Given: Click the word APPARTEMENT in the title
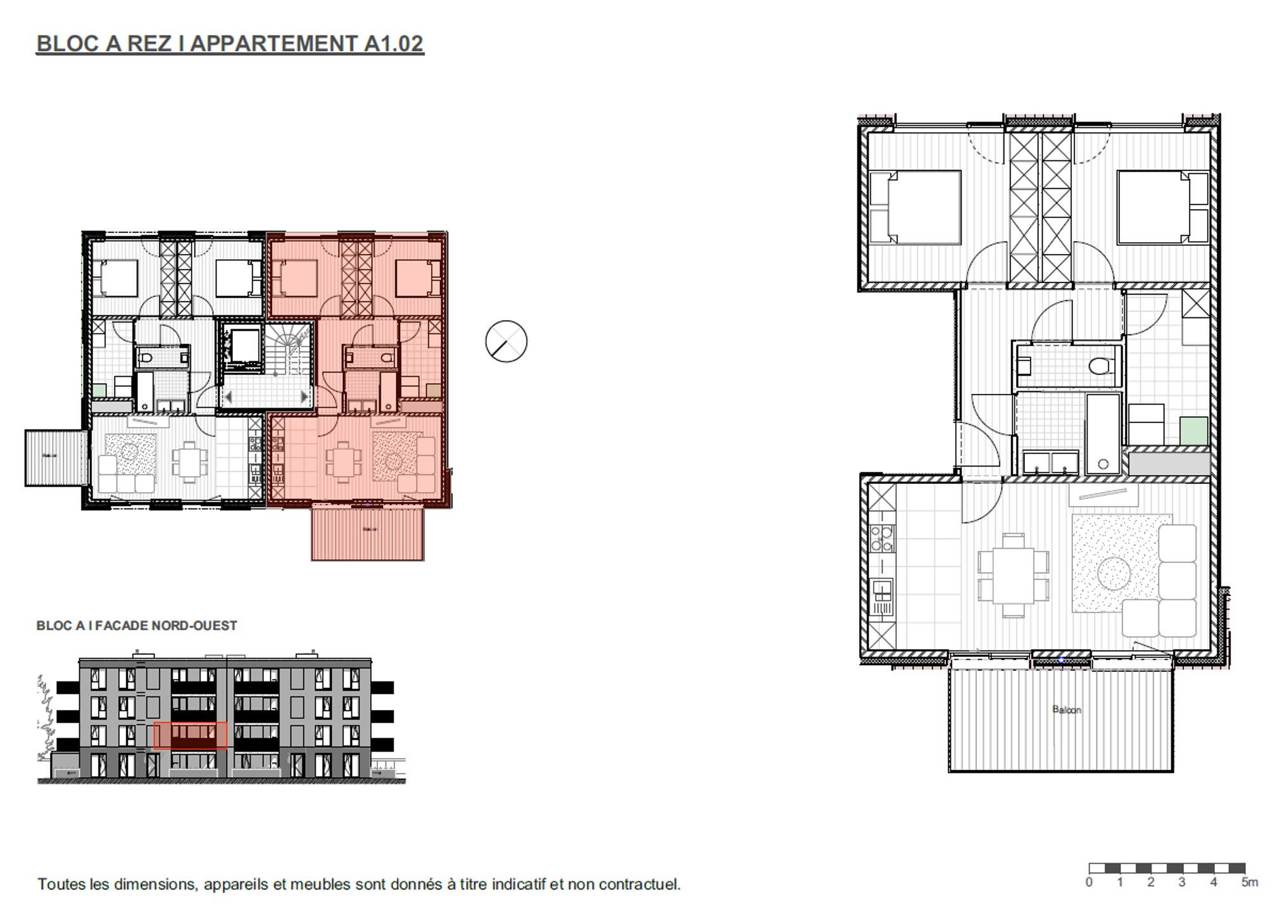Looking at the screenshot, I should pyautogui.click(x=273, y=43).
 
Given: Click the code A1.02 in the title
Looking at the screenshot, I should pyautogui.click(x=393, y=43).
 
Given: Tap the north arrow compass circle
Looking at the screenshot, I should pyautogui.click(x=506, y=341).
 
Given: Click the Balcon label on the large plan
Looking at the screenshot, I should pyautogui.click(x=1066, y=709).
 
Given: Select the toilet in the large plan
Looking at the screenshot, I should pyautogui.click(x=1101, y=365).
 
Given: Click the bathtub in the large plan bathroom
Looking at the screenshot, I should pyautogui.click(x=1102, y=434).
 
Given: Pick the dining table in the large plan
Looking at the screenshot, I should pyautogui.click(x=1013, y=575).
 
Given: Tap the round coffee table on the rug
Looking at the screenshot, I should pyautogui.click(x=1114, y=573).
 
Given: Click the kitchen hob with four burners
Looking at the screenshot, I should pyautogui.click(x=881, y=538).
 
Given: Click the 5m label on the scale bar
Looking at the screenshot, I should pyautogui.click(x=1248, y=882).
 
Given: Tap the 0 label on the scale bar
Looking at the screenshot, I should pyautogui.click(x=1089, y=882).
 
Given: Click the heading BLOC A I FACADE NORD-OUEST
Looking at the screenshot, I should pyautogui.click(x=137, y=625).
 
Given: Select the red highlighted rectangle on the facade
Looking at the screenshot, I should pyautogui.click(x=190, y=735).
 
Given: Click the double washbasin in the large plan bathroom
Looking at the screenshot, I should pyautogui.click(x=1050, y=462).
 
